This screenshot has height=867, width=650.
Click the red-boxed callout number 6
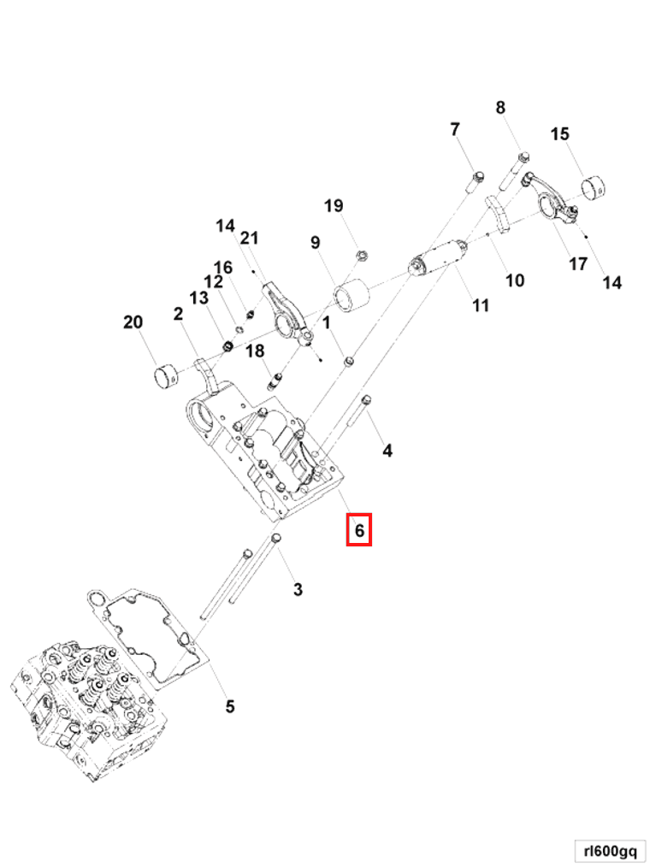359,531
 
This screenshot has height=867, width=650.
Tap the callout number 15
559,133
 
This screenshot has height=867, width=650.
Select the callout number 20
133,322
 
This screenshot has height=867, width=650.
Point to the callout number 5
229,706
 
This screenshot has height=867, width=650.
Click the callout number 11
481,304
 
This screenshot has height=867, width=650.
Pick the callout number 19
334,205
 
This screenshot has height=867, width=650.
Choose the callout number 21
249,237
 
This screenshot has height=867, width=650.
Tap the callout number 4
387,450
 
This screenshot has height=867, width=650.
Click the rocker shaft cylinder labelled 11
439,257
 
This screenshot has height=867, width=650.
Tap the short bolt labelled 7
477,180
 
